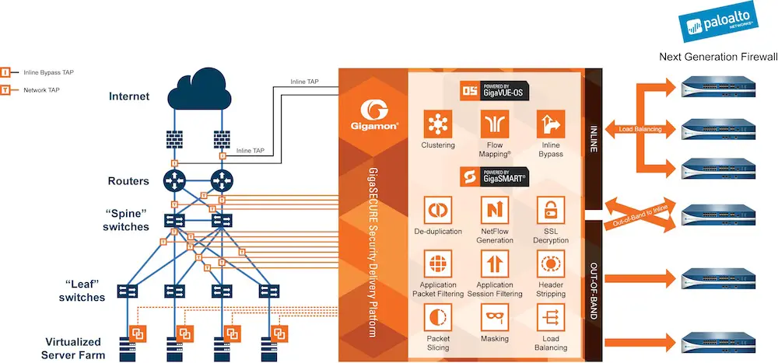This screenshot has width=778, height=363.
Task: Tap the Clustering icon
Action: [x=438, y=124]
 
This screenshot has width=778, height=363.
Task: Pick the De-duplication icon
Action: [x=438, y=211]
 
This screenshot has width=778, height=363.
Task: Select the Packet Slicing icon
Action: [x=438, y=318]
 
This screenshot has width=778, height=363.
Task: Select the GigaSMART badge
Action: [x=492, y=176]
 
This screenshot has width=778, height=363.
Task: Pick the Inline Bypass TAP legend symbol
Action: [x=5, y=72]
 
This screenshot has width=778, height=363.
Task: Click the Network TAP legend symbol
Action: [x=5, y=90]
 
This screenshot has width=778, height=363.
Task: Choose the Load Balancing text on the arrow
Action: [x=640, y=129]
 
